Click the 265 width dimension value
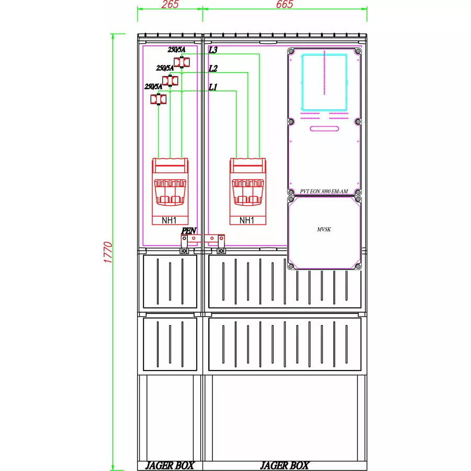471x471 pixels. (x=170, y=4)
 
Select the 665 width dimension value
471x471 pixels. (x=285, y=4)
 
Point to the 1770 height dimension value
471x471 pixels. (x=108, y=252)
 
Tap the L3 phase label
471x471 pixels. (x=213, y=50)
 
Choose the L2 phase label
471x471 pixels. (x=213, y=69)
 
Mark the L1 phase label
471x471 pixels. (x=213, y=87)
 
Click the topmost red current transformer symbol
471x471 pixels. (x=182, y=62)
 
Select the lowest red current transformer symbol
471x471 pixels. (x=158, y=99)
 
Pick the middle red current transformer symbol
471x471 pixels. (x=170, y=81)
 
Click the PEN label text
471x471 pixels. (x=188, y=231)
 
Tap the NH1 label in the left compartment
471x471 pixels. (x=169, y=220)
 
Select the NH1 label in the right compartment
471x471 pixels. (x=247, y=220)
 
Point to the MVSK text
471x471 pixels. (x=324, y=229)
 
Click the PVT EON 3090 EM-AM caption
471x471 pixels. (x=324, y=192)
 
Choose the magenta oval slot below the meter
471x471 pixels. (x=324, y=129)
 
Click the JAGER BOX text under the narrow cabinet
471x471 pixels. (x=170, y=466)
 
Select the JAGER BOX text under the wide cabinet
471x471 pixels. (x=285, y=466)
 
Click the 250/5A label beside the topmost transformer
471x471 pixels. (x=177, y=50)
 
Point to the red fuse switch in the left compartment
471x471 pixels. (x=170, y=192)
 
